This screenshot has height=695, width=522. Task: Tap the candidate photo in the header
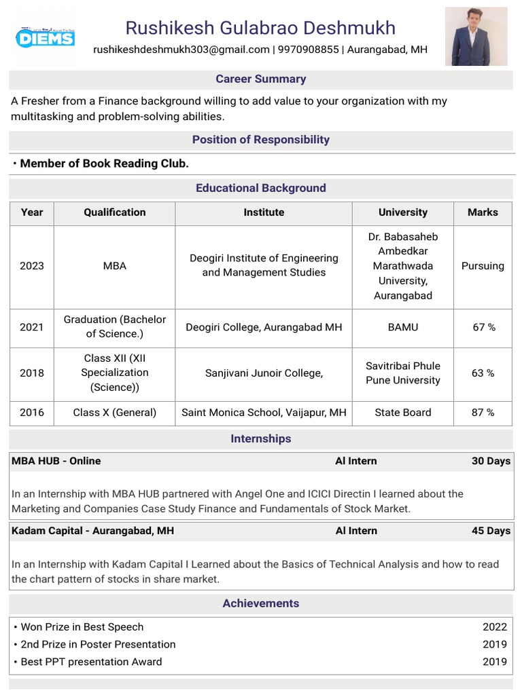pos(476,37)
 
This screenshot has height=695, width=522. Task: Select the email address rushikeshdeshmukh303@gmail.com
pos(181,50)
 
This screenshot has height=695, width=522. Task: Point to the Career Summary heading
pos(261,79)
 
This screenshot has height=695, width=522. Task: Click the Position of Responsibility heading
pos(261,140)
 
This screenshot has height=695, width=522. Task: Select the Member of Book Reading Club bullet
pos(104,164)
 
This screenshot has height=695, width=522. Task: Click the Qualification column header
pos(115,212)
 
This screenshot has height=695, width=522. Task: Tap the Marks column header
pos(483,212)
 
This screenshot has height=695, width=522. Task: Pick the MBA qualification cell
pos(115,266)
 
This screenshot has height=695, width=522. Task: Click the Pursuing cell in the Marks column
pos(483,266)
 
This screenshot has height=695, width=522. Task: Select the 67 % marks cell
pos(483,327)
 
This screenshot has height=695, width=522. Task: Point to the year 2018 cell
pos(32,373)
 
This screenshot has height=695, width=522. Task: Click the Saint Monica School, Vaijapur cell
pos(264,412)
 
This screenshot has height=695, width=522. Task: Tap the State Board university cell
pos(403,412)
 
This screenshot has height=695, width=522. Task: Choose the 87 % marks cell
pos(483,412)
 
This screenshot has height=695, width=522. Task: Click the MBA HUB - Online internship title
pos(56,461)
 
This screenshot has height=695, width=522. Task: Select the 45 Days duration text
pos(491,531)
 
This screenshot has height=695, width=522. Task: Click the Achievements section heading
pos(261,603)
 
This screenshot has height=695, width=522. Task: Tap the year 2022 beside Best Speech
pos(495,627)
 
